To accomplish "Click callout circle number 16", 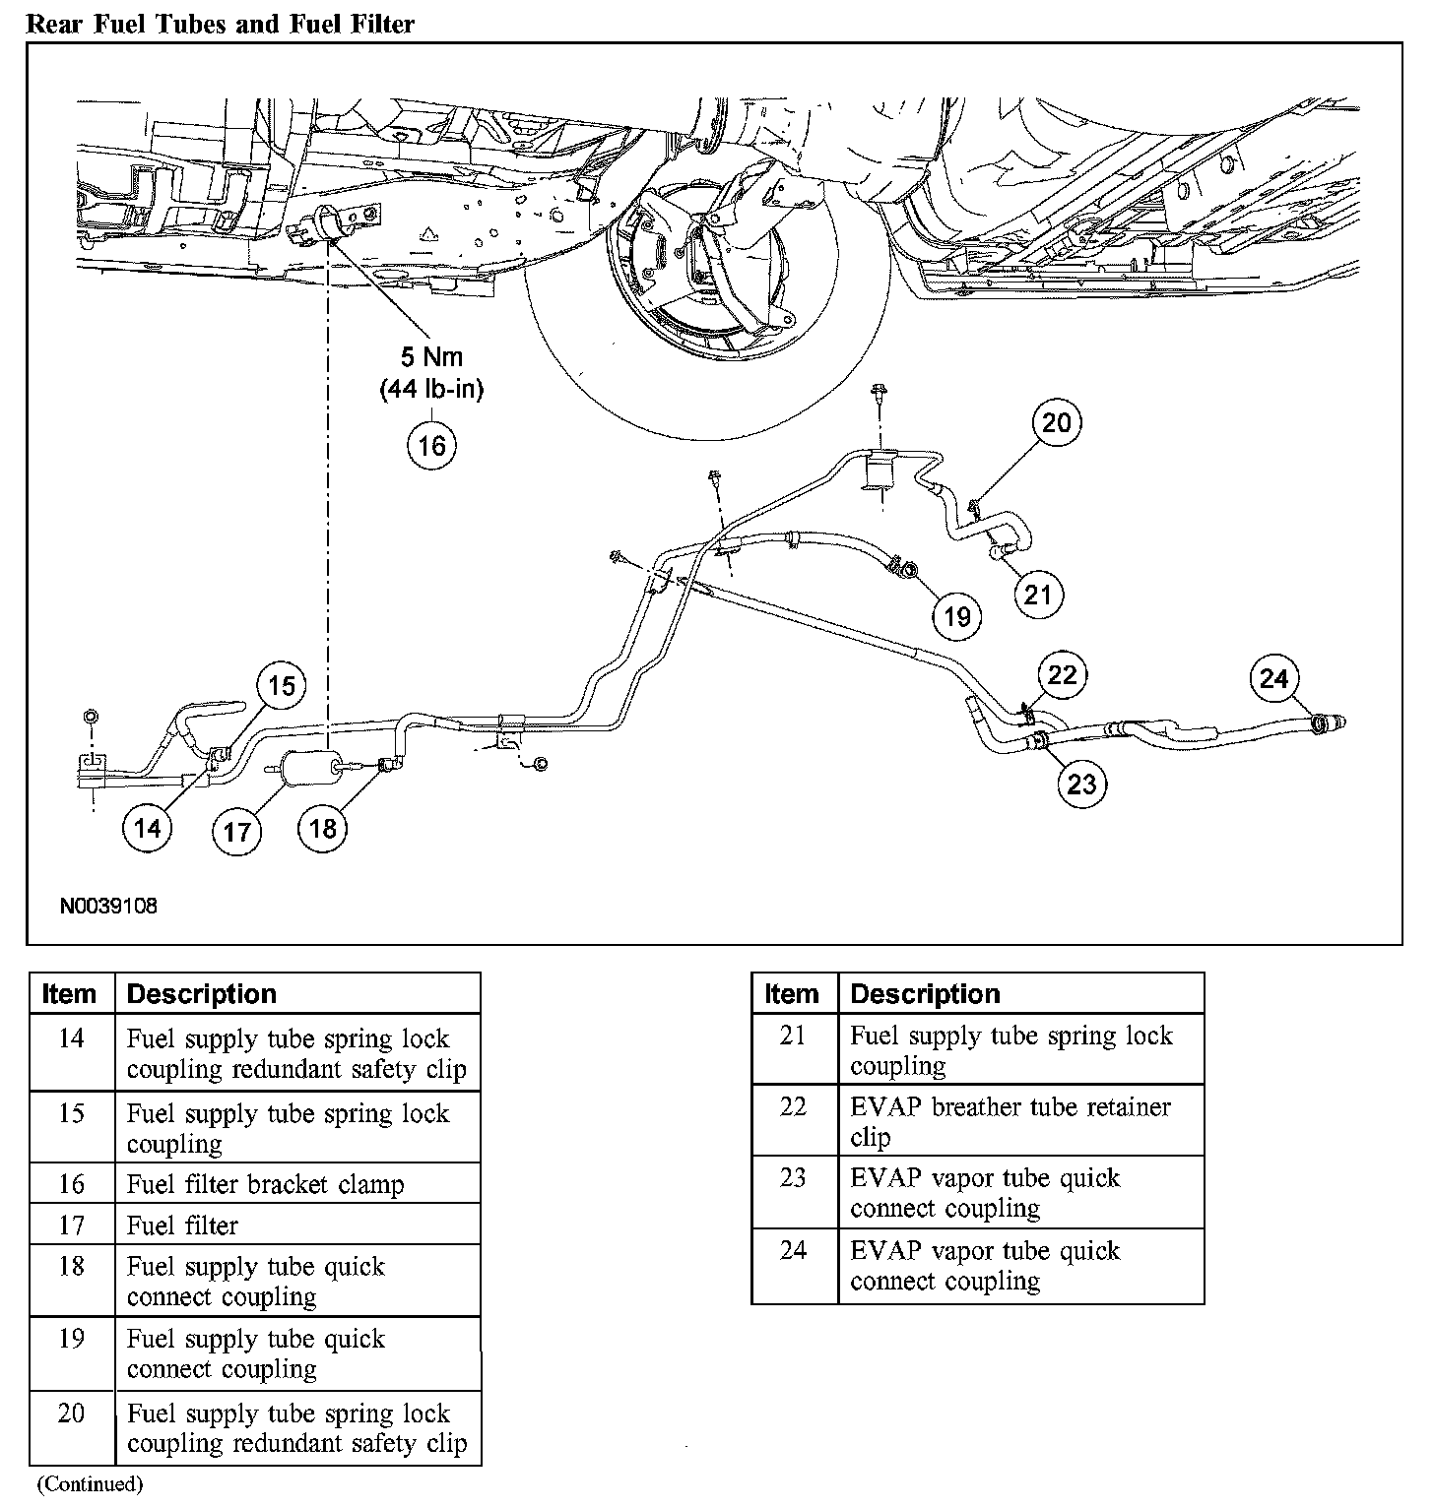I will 431,445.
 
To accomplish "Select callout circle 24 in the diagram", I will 1273,679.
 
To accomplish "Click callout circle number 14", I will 147,828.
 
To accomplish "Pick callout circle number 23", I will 1081,784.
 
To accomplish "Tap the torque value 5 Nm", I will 431,356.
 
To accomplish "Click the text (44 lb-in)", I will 431,389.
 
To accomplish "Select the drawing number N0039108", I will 108,906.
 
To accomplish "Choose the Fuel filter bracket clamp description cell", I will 266,1184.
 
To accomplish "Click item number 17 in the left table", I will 72,1225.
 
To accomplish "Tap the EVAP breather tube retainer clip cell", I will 1010,1121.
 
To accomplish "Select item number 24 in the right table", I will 794,1250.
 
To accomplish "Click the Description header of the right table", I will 925,994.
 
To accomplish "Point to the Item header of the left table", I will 70,994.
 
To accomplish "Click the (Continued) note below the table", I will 90,1483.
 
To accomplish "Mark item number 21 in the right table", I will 794,1036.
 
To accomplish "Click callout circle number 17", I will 236,833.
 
